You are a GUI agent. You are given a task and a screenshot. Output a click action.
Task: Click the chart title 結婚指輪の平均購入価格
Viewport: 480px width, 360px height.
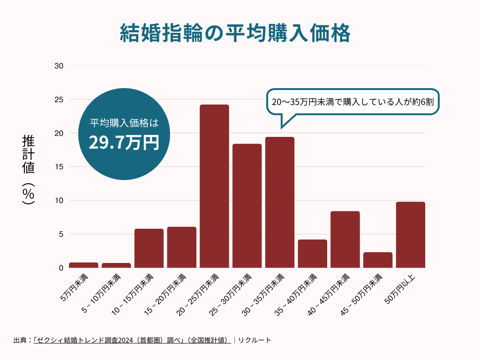coord(235,34)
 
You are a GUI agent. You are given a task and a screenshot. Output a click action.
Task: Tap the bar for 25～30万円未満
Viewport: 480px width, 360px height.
coord(247,206)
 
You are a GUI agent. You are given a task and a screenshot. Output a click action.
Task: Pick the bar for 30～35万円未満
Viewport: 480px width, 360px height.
coord(280,202)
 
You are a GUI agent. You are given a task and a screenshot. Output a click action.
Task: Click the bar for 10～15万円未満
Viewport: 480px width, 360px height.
coord(149,248)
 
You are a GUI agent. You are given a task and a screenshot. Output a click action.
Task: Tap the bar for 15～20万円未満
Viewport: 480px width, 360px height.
coord(182,247)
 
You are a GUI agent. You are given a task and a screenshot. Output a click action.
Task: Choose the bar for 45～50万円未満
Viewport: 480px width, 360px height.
coord(378,260)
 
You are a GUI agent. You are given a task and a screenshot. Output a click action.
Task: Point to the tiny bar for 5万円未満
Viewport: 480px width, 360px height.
coord(83,265)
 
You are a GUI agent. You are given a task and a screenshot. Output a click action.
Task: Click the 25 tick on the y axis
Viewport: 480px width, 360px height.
coord(59,99)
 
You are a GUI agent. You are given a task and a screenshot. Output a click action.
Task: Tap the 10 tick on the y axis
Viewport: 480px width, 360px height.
coord(59,201)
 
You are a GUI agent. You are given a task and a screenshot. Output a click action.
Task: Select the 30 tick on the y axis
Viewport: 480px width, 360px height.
coord(59,66)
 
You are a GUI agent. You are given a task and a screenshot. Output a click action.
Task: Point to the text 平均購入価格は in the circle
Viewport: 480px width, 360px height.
coord(124,123)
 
